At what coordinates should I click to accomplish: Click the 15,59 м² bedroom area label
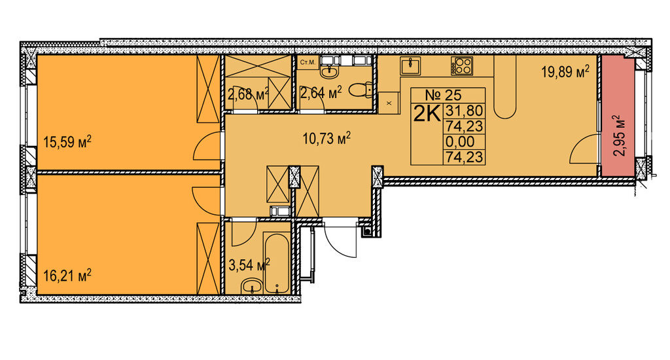click(x=67, y=141)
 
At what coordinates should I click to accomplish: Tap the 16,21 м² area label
click(x=67, y=276)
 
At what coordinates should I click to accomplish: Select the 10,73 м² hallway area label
click(x=327, y=138)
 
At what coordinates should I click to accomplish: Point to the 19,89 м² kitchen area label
click(x=565, y=71)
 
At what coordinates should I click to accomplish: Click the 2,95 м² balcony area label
click(x=618, y=135)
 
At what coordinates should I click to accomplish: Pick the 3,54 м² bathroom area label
click(x=249, y=264)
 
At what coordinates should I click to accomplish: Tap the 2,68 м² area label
click(x=248, y=93)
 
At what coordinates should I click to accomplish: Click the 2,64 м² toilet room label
click(x=321, y=92)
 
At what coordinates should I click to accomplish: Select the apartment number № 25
click(x=443, y=95)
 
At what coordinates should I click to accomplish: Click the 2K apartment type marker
click(x=427, y=114)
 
